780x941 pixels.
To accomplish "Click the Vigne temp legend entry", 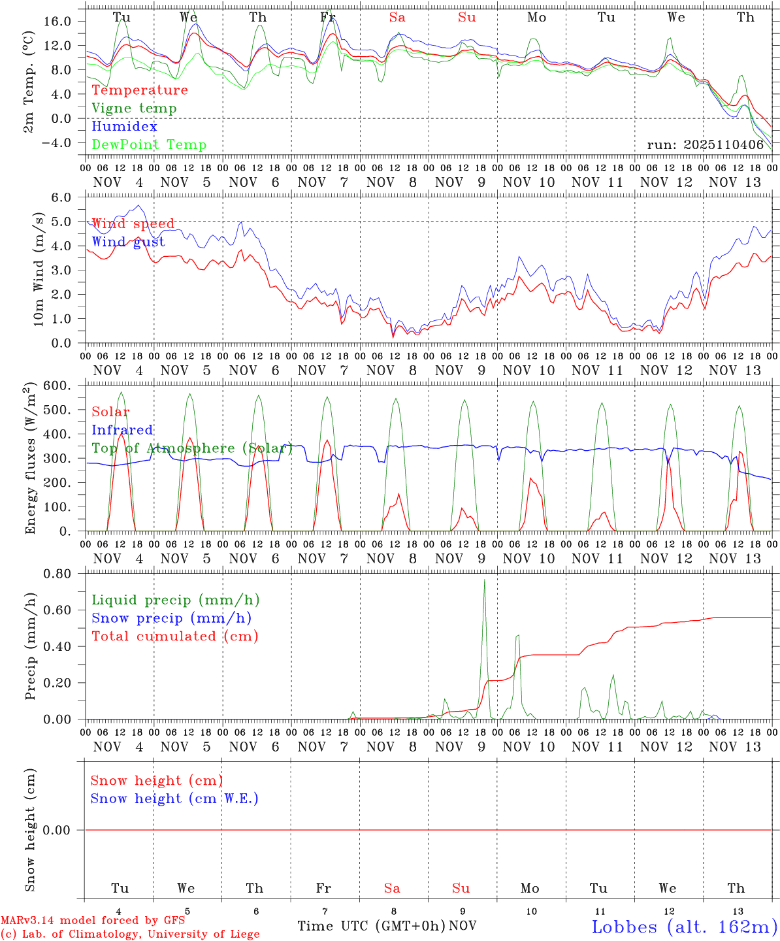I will click(x=134, y=108).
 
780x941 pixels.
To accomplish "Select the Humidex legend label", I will click(x=124, y=127).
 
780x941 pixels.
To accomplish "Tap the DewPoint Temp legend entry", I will click(x=149, y=145).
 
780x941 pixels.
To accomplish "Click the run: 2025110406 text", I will click(x=705, y=145).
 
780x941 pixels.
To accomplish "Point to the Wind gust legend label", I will click(x=128, y=242).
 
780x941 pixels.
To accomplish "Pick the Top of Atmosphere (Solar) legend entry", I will click(x=192, y=448).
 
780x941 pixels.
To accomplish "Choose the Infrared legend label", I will click(x=122, y=430).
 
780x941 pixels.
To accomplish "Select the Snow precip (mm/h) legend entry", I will click(x=172, y=618).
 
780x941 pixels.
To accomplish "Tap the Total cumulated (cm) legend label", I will click(x=175, y=636).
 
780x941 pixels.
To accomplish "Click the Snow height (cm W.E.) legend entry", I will click(x=174, y=799).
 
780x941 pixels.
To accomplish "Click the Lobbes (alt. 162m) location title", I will click(x=684, y=927).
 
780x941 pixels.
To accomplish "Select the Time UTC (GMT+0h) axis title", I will click(x=372, y=926).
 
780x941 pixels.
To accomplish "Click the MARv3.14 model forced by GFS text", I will click(x=93, y=921).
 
